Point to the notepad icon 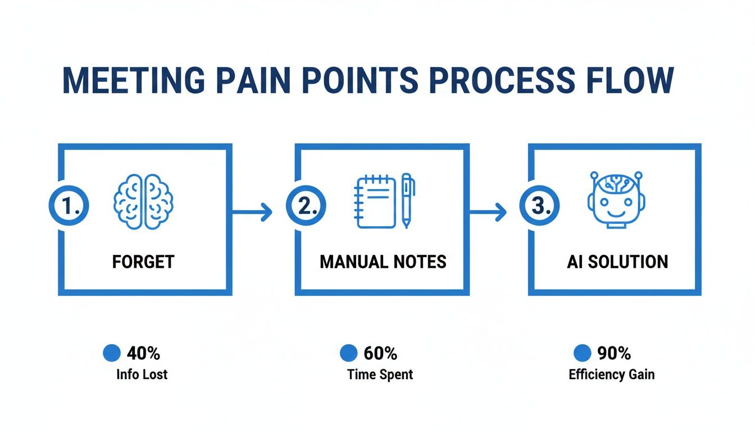click(x=376, y=202)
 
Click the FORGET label click(x=143, y=262)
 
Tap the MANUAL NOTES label click(x=383, y=262)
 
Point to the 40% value click(x=143, y=353)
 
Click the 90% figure click(x=614, y=353)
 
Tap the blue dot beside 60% click(x=348, y=353)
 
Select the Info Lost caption click(x=142, y=374)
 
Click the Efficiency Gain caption click(x=611, y=374)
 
